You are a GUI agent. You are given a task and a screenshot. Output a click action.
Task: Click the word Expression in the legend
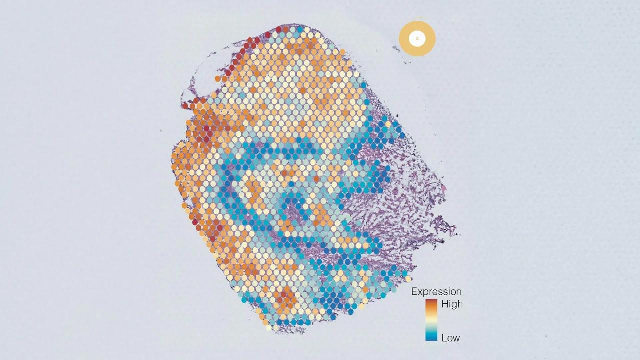click(436, 292)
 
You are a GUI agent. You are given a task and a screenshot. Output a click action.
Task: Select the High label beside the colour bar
click(451, 304)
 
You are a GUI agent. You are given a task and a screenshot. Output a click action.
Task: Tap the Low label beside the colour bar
click(450, 338)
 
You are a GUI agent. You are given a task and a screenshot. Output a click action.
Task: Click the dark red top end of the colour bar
click(431, 302)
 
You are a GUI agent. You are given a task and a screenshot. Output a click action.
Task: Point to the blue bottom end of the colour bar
click(431, 337)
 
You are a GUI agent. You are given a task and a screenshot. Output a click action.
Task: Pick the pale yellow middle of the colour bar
click(431, 319)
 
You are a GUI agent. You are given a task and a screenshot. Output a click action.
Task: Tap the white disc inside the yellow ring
click(417, 38)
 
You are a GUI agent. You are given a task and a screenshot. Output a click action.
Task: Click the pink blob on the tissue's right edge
click(443, 188)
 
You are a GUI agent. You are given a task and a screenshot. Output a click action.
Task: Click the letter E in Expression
click(414, 292)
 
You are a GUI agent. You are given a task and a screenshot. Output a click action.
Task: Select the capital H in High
click(445, 304)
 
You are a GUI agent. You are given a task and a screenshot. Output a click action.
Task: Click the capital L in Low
click(444, 338)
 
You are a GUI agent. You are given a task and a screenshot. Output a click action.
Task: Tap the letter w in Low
click(456, 338)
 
